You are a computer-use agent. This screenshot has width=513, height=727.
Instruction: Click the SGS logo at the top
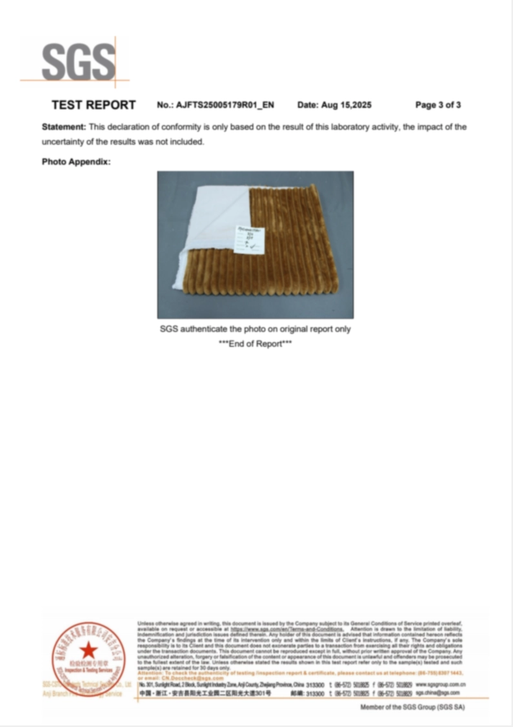point(78,63)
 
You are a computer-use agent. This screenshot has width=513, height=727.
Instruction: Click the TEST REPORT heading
point(94,105)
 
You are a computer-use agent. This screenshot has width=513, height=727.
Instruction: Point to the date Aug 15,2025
point(334,105)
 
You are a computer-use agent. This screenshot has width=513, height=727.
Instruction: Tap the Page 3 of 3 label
point(438,105)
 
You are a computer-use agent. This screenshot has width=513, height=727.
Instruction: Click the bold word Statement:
point(64,127)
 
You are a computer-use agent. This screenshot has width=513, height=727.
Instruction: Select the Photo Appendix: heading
point(76,161)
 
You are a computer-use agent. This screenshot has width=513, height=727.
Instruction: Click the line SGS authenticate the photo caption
point(256,329)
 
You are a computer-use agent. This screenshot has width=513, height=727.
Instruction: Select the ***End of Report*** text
point(256,343)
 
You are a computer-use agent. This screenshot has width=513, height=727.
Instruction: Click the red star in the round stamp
point(89,651)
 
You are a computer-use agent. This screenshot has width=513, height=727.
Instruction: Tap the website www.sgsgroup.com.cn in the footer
point(441,684)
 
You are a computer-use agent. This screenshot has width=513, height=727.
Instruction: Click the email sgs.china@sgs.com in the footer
point(432,693)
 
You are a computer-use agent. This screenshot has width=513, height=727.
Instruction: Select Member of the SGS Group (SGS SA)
point(412,708)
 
